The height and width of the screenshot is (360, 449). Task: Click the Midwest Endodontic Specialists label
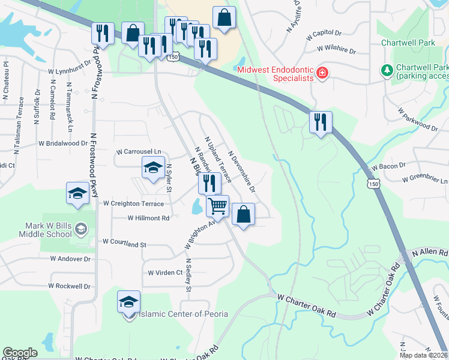point(276,73)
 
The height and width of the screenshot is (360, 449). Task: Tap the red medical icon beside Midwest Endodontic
point(322,73)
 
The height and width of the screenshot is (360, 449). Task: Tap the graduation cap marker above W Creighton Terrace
point(77,193)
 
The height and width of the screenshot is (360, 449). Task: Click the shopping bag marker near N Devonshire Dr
point(243,214)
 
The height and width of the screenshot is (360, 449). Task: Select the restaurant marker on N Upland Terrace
point(209,182)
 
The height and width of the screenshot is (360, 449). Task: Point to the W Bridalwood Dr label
point(63,143)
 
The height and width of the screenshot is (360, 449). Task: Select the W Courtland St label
point(124,244)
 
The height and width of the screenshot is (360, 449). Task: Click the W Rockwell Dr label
point(70,286)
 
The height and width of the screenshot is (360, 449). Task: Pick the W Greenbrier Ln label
point(425,179)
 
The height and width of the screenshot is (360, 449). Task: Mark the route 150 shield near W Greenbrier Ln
point(375,184)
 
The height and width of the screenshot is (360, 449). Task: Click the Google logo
point(20,353)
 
